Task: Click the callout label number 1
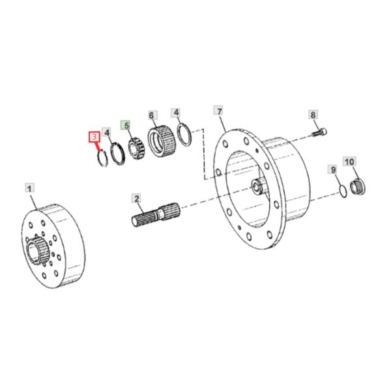30,188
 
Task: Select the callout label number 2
137,199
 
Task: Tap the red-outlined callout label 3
94,137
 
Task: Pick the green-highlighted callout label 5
126,125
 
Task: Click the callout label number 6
151,115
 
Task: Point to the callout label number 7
219,111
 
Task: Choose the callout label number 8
313,115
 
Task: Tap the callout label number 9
334,170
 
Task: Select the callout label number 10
349,162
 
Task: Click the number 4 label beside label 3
107,132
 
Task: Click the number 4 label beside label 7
177,113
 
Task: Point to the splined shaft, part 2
156,214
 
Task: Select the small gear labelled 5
136,150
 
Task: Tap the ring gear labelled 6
162,141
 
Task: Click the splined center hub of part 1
36,251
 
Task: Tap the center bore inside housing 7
257,186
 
